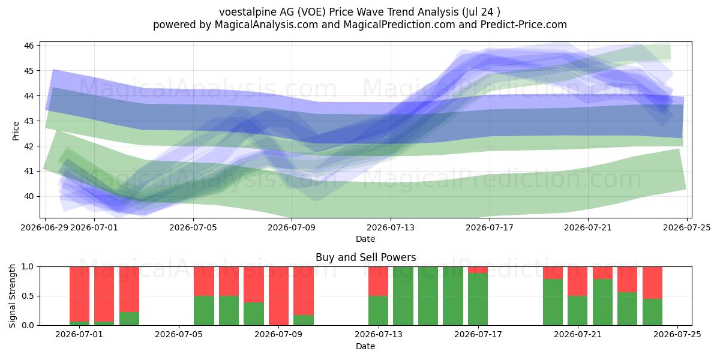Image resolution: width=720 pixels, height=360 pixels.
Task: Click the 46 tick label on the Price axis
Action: point(29,46)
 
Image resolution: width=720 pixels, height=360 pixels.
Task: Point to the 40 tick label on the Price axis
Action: point(29,196)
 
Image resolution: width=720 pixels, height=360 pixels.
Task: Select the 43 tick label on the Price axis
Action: point(29,121)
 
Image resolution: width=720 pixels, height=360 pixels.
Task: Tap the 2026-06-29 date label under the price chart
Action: point(44,227)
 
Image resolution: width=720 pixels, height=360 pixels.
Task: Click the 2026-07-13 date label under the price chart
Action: point(391,227)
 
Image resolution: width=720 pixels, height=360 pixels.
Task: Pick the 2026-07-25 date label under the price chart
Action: point(687,227)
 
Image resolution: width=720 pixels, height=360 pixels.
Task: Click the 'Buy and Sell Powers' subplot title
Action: point(366,257)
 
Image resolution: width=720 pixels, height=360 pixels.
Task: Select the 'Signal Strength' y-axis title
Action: point(12,296)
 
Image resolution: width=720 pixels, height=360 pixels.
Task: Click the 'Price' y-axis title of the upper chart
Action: point(16,131)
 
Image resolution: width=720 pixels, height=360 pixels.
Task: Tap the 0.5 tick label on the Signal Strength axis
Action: point(28,296)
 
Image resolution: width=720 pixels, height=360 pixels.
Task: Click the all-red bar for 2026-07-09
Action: point(278,296)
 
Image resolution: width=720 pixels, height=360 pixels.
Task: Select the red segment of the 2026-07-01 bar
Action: point(79,294)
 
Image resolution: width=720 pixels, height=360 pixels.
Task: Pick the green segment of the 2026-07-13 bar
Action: point(379,311)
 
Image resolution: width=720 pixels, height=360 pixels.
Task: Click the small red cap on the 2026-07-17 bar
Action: point(478,270)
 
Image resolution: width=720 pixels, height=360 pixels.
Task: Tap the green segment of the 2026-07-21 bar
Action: point(578,311)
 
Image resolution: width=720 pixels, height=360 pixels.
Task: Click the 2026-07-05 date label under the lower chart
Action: point(179,335)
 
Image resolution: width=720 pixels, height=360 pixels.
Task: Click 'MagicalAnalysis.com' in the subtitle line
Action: point(266,25)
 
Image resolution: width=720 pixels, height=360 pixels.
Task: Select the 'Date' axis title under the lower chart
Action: point(365,346)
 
